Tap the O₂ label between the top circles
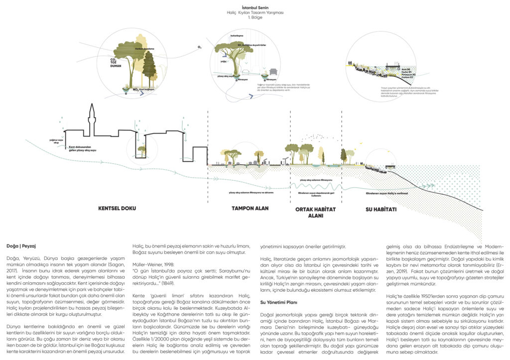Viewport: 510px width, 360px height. tap(199, 47)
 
